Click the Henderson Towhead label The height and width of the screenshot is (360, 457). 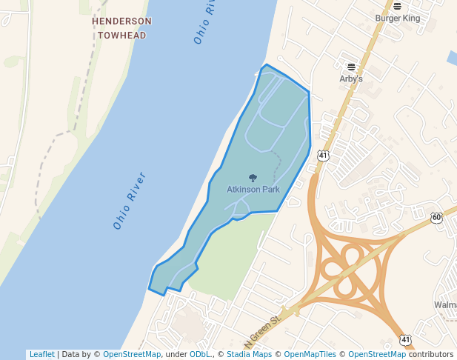[121, 27]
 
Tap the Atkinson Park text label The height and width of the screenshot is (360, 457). [253, 190]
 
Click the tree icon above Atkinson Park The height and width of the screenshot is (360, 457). [253, 178]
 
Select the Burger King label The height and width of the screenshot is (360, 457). [397, 17]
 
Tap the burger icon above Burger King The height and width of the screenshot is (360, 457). [397, 6]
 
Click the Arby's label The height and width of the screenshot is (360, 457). [351, 79]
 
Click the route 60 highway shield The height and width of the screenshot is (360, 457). [436, 217]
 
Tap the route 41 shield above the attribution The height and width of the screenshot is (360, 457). [405, 339]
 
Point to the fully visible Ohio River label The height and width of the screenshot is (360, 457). [130, 200]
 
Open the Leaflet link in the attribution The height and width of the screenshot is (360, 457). [41, 354]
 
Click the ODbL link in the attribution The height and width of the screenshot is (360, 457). [200, 354]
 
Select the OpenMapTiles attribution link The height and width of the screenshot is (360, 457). [310, 354]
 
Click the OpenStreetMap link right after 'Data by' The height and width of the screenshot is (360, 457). [132, 354]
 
